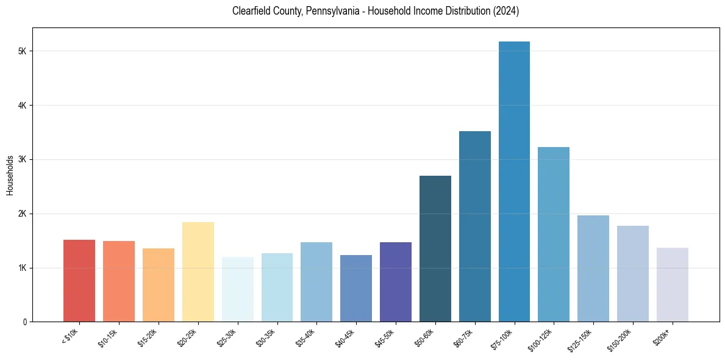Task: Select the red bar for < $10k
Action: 79,281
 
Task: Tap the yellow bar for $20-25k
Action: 198,272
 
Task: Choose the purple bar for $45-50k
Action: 396,282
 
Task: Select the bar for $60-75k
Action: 475,226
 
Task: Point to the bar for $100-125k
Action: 554,234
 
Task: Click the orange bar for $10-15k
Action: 119,281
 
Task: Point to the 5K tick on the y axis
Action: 22,51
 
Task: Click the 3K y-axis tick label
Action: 22,160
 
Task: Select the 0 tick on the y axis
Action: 24,322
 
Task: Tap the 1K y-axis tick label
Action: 22,268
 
